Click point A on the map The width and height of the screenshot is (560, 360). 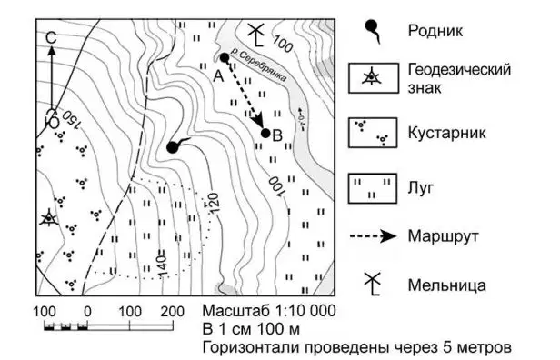point(225,57)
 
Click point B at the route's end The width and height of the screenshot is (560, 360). point(265,134)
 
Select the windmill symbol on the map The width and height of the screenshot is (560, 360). point(256,35)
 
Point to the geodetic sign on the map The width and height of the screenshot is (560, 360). point(49,218)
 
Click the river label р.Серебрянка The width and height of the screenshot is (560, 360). point(258,65)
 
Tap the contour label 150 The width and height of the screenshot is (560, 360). point(72,120)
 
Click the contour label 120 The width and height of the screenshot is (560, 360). point(213,204)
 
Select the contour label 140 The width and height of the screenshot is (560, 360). point(162,265)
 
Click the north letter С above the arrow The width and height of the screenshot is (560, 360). point(52,38)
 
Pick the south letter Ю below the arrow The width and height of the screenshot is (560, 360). point(52,118)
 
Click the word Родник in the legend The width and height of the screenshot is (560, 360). point(435,31)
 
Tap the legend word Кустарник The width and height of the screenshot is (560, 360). point(446,133)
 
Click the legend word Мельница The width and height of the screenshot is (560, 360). point(446,285)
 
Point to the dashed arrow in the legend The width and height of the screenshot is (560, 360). point(373,236)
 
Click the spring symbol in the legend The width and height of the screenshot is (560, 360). point(374,31)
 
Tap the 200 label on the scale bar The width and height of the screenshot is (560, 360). point(172,312)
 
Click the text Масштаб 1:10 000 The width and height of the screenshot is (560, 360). point(269,311)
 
